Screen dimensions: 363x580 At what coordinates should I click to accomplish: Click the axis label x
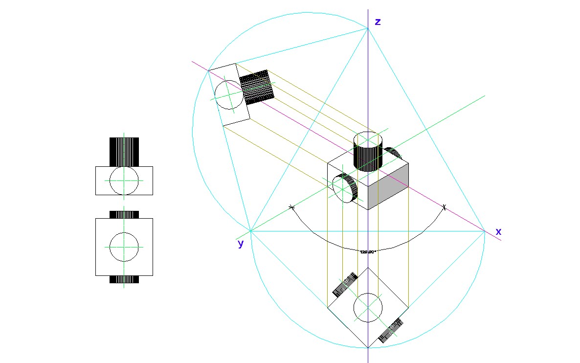[x=498, y=232]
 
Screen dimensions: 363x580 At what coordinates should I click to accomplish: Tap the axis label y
[x=241, y=244]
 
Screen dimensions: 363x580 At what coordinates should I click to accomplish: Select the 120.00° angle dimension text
[x=367, y=251]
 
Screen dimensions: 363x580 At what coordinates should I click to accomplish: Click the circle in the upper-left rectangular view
[x=124, y=181]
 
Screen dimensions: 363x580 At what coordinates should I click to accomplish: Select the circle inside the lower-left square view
[x=124, y=247]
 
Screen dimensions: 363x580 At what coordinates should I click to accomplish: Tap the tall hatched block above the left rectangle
[x=124, y=152]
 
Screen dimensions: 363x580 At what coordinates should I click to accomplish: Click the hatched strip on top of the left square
[x=124, y=214]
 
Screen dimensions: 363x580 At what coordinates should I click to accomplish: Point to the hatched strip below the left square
[x=124, y=279]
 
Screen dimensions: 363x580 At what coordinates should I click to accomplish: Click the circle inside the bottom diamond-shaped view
[x=367, y=308]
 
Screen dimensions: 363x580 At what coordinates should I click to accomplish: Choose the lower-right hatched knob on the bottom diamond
[x=390, y=330]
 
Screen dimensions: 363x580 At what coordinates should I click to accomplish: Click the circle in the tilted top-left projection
[x=228, y=94]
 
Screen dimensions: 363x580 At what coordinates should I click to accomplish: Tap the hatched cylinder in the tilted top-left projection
[x=258, y=87]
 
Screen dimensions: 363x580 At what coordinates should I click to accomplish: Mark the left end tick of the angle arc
[x=292, y=207]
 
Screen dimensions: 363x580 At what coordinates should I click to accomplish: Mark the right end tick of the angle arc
[x=444, y=207]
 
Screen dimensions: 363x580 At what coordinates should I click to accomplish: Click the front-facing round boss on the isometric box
[x=345, y=188]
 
